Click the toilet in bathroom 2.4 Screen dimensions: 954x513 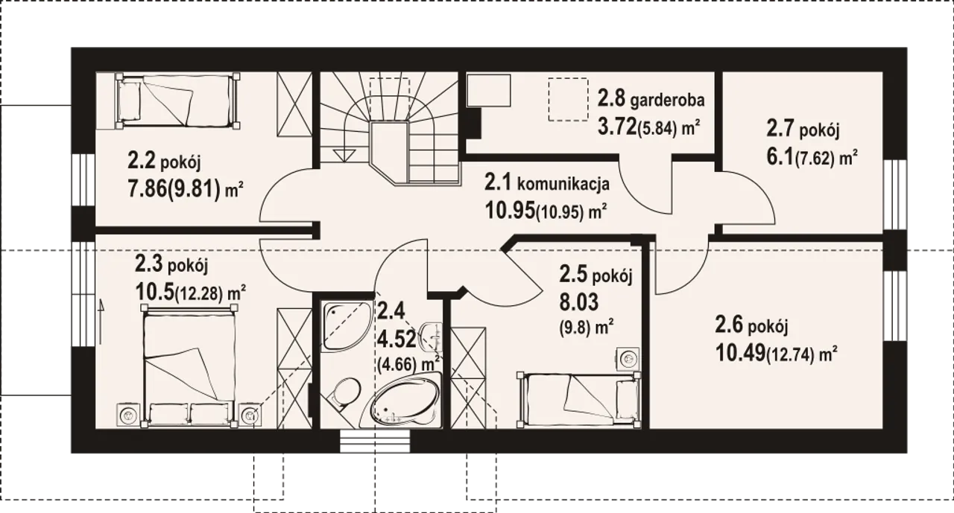click(344, 392)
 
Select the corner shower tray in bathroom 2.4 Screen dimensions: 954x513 click(347, 325)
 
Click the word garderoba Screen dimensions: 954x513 click(667, 101)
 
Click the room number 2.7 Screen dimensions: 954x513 click(781, 129)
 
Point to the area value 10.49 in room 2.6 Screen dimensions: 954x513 click(740, 353)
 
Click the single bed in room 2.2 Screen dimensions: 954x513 click(177, 101)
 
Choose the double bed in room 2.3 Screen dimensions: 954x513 click(189, 366)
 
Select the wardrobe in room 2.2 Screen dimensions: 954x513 click(294, 104)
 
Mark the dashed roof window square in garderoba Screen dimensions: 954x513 click(568, 100)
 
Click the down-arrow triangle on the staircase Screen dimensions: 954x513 click(344, 155)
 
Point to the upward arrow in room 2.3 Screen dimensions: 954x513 click(101, 321)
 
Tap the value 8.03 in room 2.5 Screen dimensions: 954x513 click(579, 302)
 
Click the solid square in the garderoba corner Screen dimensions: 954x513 click(489, 90)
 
